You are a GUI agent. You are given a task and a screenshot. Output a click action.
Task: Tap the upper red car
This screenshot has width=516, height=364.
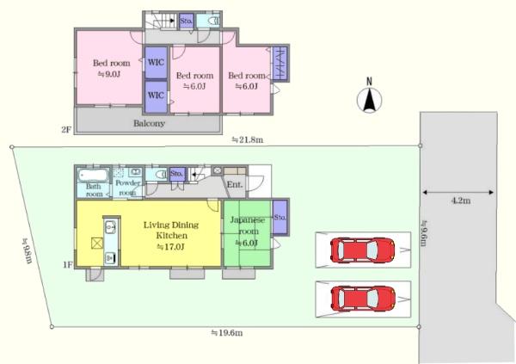(x=363, y=250)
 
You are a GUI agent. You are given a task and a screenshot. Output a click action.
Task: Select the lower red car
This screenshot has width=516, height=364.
(x=363, y=299)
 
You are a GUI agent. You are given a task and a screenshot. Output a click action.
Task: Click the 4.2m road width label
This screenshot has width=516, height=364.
(x=460, y=201)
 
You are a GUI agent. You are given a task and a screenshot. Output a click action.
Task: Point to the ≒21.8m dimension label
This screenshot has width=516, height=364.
(x=247, y=139)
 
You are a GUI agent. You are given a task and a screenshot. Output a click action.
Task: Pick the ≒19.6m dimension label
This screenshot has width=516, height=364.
(x=227, y=333)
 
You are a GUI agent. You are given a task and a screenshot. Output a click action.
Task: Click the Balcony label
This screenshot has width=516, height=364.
(x=149, y=124)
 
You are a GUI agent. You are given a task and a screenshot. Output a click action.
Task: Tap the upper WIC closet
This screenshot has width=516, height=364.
(x=156, y=63)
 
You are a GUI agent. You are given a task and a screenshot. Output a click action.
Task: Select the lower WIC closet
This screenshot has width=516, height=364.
(x=156, y=96)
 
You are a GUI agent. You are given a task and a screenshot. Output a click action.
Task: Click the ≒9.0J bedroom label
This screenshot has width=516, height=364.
(x=109, y=74)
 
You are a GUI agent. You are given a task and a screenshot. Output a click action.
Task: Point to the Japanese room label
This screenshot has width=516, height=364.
(x=248, y=225)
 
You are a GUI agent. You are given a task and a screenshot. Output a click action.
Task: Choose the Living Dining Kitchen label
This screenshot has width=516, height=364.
(x=171, y=230)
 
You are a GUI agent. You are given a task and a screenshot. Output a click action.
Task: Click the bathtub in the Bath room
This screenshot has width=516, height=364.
(x=93, y=175)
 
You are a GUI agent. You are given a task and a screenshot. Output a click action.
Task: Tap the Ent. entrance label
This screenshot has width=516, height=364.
(x=235, y=184)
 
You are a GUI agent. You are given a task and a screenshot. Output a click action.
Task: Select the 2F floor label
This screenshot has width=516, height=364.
(x=66, y=130)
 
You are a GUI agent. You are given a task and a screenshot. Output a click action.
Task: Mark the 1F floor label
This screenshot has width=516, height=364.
(x=67, y=264)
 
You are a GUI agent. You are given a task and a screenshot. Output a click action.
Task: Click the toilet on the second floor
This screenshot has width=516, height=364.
(x=213, y=21)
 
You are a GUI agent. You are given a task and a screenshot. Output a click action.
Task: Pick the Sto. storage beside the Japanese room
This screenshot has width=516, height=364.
(x=280, y=218)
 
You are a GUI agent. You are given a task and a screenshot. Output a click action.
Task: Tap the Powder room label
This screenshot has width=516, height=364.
(x=127, y=188)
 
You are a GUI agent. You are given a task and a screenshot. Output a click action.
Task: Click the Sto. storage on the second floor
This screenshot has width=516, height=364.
(x=187, y=21)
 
